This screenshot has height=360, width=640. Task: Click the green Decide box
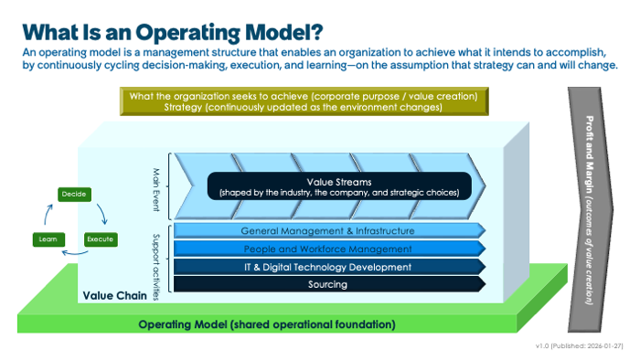(x=72, y=194)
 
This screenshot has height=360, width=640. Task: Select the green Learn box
(x=48, y=238)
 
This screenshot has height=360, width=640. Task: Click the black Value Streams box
(x=338, y=186)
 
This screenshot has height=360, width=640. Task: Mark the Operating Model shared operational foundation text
(x=267, y=324)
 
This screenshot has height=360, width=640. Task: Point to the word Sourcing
(x=327, y=284)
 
